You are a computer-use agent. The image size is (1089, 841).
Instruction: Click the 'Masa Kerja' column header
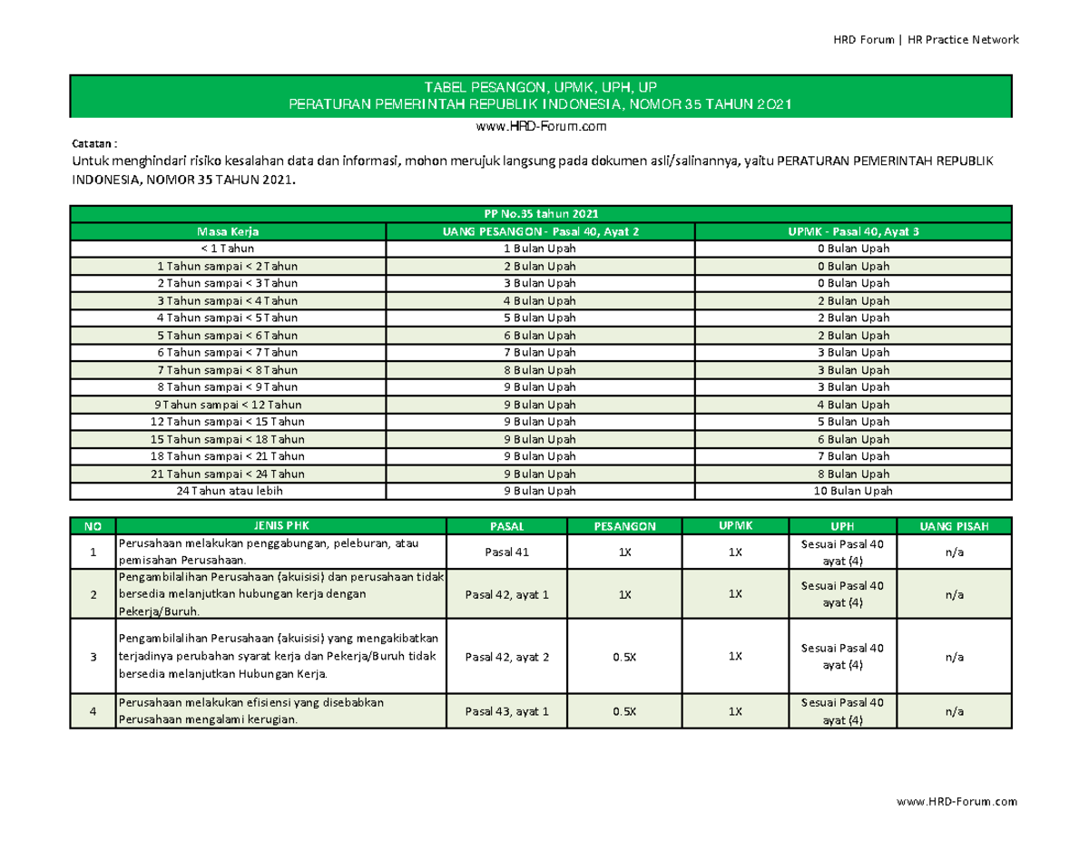228,231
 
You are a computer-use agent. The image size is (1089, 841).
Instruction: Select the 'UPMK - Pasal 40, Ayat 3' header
852,231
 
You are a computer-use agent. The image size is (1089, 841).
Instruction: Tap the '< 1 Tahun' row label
228,248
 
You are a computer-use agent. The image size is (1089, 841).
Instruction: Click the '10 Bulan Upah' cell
852,491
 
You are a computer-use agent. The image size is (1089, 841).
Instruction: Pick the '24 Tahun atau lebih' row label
228,491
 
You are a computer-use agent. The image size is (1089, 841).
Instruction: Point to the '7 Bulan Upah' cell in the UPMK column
852,456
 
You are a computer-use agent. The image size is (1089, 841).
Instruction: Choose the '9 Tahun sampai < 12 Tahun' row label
228,405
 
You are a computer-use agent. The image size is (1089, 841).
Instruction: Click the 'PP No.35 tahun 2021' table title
541,214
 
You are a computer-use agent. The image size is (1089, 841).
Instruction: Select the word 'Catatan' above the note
91,144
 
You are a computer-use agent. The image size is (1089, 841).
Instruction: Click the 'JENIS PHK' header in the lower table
280,525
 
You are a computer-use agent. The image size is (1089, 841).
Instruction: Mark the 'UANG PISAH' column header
953,525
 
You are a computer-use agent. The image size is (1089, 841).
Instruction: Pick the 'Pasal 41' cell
506,552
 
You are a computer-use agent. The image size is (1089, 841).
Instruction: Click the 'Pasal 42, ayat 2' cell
506,657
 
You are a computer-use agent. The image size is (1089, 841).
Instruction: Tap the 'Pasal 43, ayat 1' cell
506,712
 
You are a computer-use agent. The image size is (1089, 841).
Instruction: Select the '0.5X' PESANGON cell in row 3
623,657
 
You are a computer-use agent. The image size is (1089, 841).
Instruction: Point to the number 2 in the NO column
93,594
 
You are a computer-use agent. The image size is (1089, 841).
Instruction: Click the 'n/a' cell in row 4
953,712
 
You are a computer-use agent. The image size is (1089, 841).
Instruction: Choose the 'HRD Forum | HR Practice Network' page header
926,40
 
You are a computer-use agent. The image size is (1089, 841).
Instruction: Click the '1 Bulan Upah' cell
541,248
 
